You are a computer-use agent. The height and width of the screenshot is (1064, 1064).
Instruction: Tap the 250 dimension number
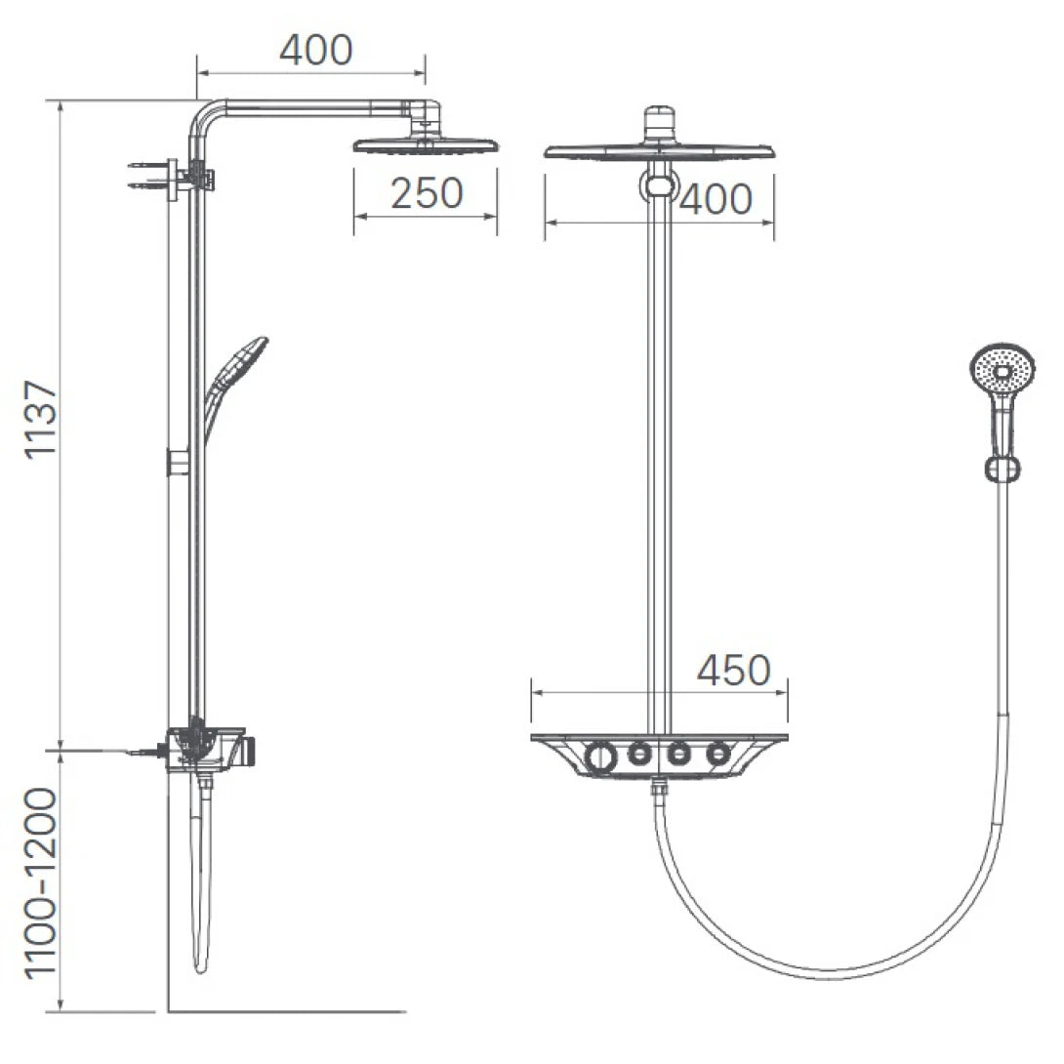pyautogui.click(x=427, y=193)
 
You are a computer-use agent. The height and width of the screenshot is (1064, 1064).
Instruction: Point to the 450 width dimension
pyautogui.click(x=734, y=671)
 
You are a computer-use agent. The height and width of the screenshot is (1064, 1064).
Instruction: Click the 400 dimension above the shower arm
pyautogui.click(x=315, y=50)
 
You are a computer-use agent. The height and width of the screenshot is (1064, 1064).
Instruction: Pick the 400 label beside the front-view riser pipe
pyautogui.click(x=716, y=200)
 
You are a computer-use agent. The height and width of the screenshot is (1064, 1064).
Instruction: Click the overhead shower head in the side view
pyautogui.click(x=426, y=145)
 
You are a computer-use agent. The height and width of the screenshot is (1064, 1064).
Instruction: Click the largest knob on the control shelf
pyautogui.click(x=600, y=756)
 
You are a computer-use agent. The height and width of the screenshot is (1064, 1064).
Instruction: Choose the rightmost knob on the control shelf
pyautogui.click(x=719, y=753)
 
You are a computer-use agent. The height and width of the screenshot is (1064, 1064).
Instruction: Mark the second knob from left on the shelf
pyautogui.click(x=639, y=753)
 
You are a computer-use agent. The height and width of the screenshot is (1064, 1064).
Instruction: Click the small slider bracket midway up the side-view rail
pyautogui.click(x=177, y=461)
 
